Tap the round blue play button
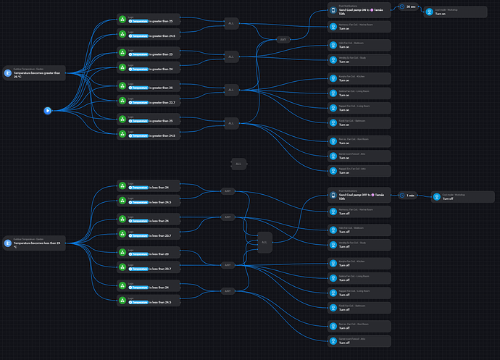pos(47,110)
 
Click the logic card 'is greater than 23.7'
pos(148,101)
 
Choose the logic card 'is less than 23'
pos(148,254)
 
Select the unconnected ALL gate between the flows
pos(238,164)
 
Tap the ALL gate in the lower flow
pos(264,242)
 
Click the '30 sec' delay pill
pos(410,7)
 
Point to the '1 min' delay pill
pos(410,195)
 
